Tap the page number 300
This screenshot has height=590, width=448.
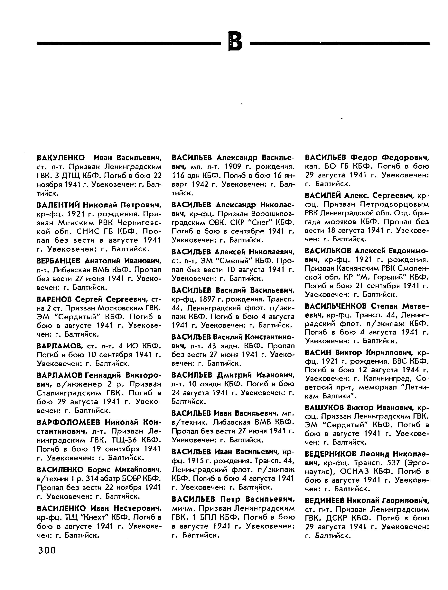[47, 550]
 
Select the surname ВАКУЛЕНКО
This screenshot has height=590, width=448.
[61, 158]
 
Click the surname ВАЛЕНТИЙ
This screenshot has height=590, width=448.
[58, 205]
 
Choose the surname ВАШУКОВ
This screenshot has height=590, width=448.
[324, 407]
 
